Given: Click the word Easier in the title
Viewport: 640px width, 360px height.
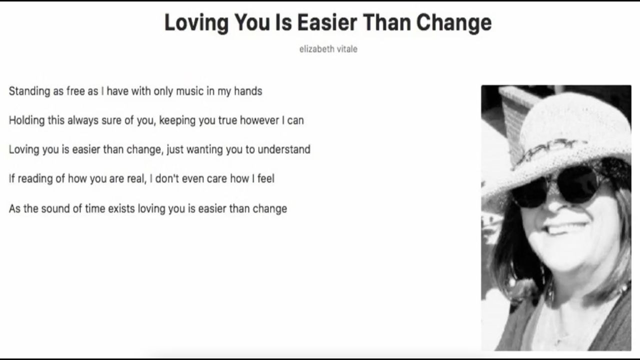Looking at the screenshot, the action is coord(327,22).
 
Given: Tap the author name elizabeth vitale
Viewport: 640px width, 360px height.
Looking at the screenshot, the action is coord(328,49).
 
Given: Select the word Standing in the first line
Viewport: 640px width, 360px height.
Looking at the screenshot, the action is coord(29,91).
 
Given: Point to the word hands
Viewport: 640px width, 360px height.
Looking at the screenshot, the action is coord(248,91).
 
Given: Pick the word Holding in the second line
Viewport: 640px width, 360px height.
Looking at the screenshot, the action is coord(26,120).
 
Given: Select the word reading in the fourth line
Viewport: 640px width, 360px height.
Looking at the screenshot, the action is coord(35,179).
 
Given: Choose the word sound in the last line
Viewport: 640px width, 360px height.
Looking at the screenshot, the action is coord(55,208).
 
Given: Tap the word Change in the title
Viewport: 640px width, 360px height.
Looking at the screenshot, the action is coord(453,23).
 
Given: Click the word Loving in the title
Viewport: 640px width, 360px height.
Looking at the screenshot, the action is coord(196,23).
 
